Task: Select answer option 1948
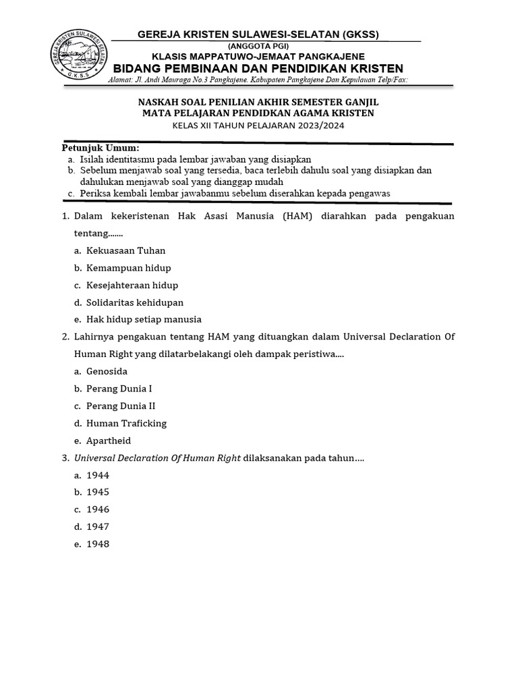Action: [x=97, y=544]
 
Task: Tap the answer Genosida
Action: [x=107, y=371]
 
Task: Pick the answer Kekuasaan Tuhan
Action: [x=125, y=250]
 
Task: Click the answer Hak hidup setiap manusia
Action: [x=144, y=319]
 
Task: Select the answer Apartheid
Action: [x=108, y=440]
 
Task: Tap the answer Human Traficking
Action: [x=126, y=423]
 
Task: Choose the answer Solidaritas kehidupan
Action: [x=134, y=302]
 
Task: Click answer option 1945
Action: [x=97, y=492]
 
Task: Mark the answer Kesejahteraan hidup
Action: [x=132, y=285]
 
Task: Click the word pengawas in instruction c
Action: [x=370, y=193]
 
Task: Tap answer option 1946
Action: [x=97, y=509]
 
